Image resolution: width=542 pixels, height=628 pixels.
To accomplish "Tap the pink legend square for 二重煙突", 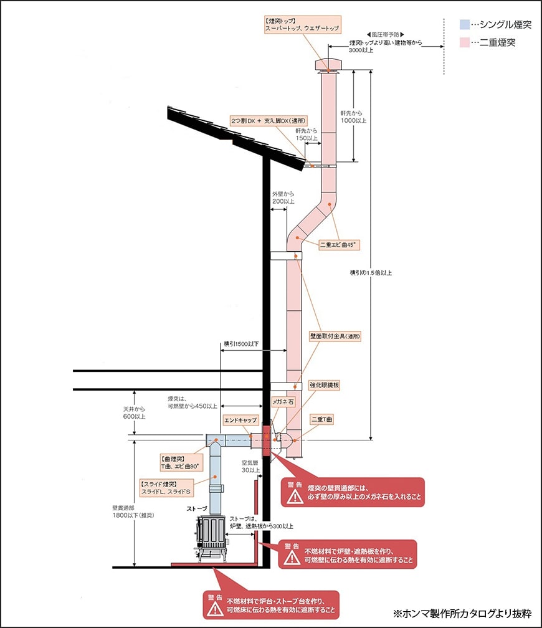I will coord(464,43).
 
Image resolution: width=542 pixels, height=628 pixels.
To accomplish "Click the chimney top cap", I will coord(328,65).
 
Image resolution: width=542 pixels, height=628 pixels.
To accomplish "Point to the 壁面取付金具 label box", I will coord(336,336).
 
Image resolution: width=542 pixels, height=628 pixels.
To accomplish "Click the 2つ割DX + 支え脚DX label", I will coord(270,119).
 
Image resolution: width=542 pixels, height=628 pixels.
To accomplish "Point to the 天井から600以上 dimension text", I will coord(134,412).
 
